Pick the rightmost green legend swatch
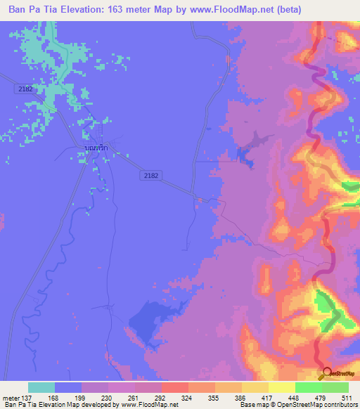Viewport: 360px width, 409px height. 335,387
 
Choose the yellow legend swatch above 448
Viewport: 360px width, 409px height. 282,387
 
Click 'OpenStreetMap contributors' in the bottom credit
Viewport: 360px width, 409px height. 319,405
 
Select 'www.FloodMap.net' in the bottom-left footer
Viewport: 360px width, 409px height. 150,405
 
